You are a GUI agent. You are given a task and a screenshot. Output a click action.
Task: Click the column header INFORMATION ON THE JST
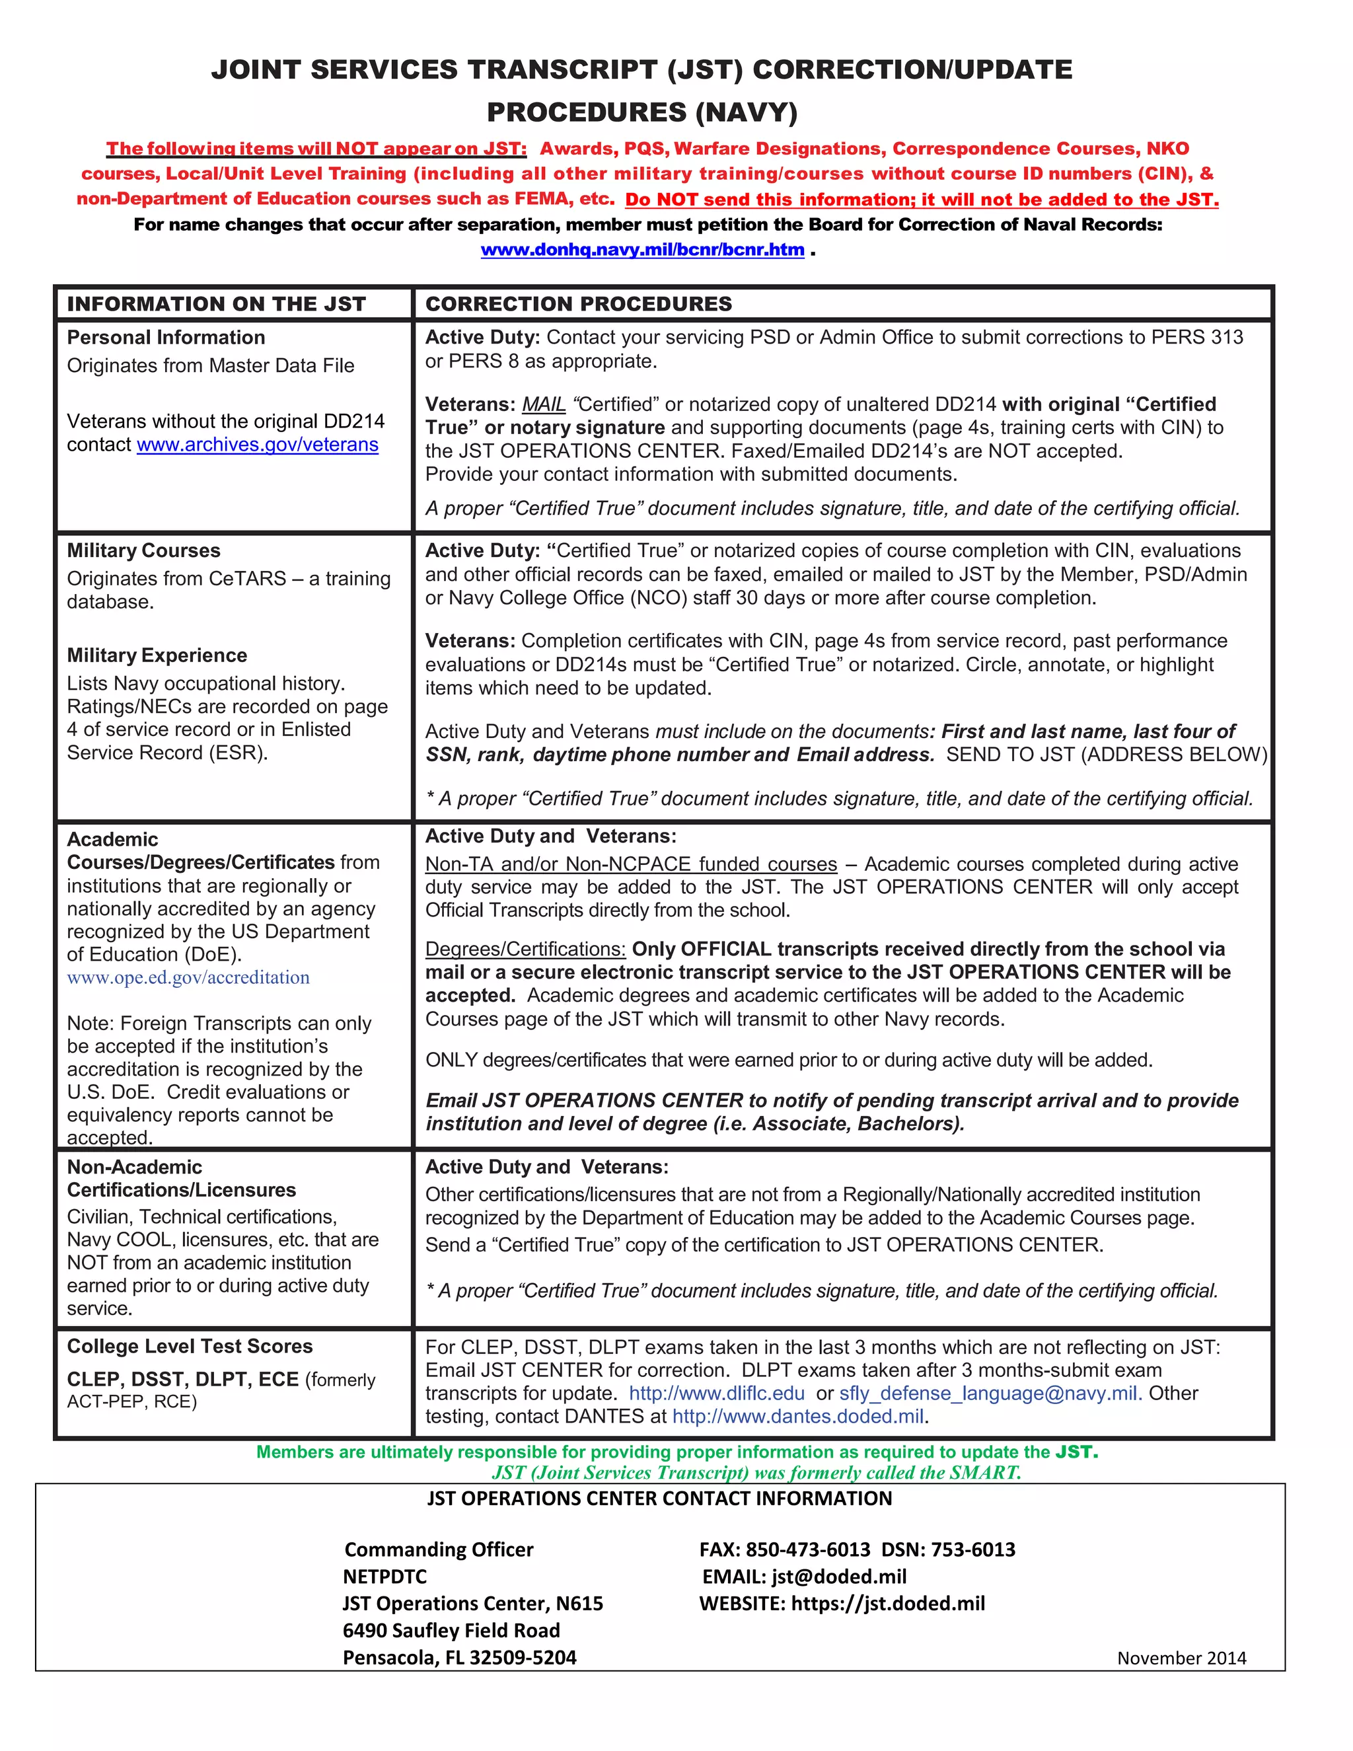click(x=217, y=304)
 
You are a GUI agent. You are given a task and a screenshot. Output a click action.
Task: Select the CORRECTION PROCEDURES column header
click(x=578, y=304)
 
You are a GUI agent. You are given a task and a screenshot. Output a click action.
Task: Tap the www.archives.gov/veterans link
click(x=257, y=445)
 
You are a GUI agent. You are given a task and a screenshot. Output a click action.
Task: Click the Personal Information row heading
click(x=166, y=338)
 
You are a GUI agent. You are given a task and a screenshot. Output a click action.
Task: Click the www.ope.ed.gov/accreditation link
click(x=188, y=977)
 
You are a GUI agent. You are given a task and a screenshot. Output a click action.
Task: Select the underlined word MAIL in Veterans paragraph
click(x=544, y=405)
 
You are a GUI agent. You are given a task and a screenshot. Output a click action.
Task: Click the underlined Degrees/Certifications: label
click(x=525, y=950)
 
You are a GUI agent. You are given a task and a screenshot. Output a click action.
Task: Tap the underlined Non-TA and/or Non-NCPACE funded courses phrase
click(x=631, y=864)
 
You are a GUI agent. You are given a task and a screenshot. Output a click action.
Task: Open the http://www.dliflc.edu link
click(x=717, y=1394)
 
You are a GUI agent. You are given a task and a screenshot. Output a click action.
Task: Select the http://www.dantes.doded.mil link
click(x=798, y=1417)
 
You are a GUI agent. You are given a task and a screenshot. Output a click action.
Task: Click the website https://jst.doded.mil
click(x=887, y=1604)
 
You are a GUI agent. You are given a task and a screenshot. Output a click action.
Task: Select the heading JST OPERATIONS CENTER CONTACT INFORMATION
click(x=659, y=1499)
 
